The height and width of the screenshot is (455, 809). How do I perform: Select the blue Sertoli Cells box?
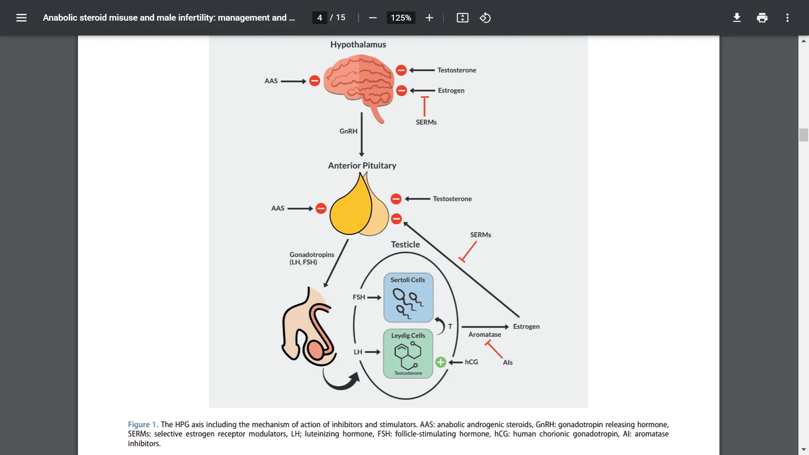click(408, 298)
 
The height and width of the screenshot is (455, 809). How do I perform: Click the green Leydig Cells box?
click(408, 353)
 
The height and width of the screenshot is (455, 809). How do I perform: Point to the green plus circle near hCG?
click(441, 362)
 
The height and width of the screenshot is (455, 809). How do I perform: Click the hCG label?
click(471, 362)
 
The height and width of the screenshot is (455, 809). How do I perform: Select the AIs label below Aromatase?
click(508, 362)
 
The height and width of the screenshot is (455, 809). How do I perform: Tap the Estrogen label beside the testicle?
click(526, 327)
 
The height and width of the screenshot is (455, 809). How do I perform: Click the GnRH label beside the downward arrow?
click(348, 131)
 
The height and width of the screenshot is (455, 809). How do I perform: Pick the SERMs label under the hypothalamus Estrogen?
click(426, 122)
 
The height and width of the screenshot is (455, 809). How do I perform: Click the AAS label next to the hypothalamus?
click(271, 81)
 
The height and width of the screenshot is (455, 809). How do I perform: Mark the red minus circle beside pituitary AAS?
click(321, 209)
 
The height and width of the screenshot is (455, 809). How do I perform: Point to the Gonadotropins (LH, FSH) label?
click(312, 258)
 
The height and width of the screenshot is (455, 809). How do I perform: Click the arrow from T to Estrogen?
click(485, 327)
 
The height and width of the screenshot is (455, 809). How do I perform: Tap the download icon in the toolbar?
click(737, 18)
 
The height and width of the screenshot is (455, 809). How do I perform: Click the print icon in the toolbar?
click(762, 18)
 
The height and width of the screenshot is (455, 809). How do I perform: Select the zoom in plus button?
click(429, 18)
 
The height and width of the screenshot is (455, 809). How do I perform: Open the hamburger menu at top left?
click(21, 18)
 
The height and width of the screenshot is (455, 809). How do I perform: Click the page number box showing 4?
click(320, 18)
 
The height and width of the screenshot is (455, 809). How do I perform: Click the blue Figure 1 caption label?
click(143, 425)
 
